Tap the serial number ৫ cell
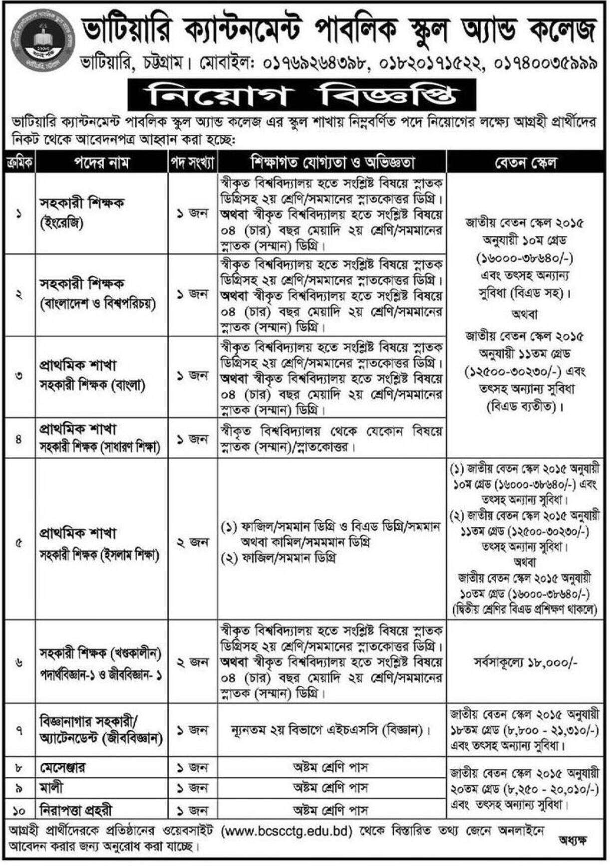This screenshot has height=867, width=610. (19, 543)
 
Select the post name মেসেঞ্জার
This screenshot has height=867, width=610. (62, 768)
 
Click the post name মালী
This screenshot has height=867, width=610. (52, 788)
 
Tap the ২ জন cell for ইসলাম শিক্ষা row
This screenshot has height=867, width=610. (192, 543)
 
